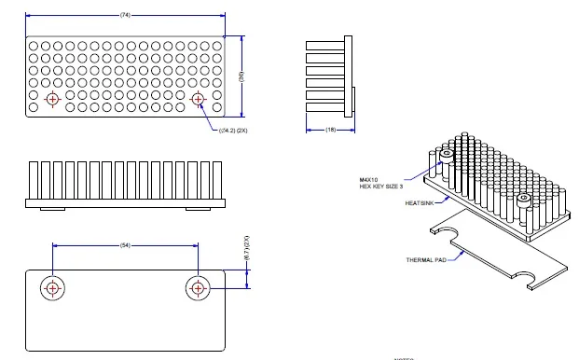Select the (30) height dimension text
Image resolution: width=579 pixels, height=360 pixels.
(x=241, y=77)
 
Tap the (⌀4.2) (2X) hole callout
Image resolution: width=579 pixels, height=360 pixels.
(x=233, y=131)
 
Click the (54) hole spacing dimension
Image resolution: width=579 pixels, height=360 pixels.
(x=124, y=245)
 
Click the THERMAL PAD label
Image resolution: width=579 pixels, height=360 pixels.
(x=427, y=260)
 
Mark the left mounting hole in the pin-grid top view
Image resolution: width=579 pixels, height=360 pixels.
(x=52, y=98)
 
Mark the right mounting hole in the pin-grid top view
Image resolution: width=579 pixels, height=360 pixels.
(x=198, y=98)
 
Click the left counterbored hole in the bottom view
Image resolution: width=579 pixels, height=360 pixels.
(x=52, y=288)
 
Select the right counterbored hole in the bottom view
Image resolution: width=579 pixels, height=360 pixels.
(x=198, y=288)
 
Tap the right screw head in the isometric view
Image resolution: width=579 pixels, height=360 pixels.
(x=524, y=199)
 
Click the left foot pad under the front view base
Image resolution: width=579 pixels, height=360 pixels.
(x=51, y=209)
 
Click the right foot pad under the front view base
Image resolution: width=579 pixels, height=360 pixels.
(x=199, y=209)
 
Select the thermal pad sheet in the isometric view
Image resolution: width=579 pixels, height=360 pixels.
(x=494, y=256)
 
